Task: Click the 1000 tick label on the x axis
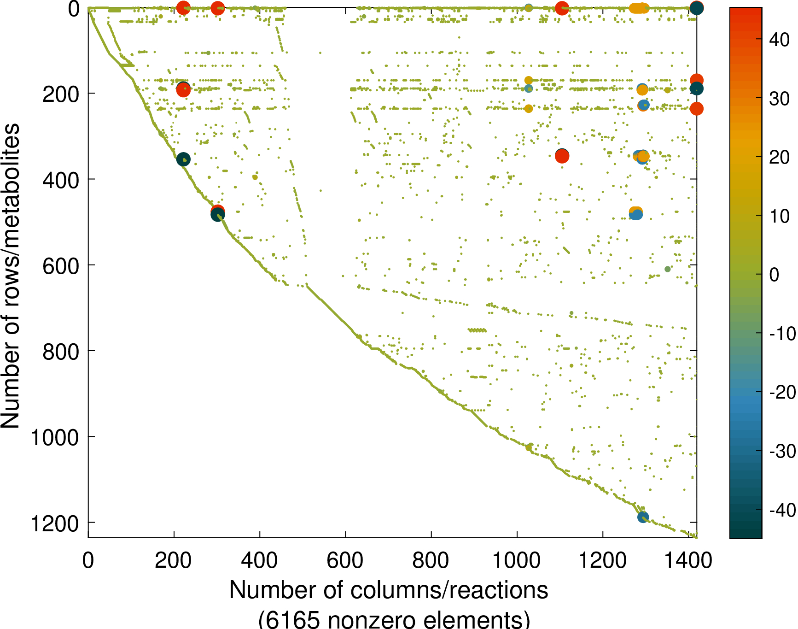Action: (x=517, y=561)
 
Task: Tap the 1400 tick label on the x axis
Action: (x=688, y=561)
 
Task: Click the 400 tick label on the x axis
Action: (x=259, y=561)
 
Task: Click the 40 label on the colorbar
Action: (x=779, y=40)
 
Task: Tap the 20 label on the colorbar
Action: (x=779, y=158)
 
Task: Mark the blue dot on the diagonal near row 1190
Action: (x=643, y=517)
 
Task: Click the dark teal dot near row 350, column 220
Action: (x=183, y=159)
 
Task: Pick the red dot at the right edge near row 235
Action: (x=696, y=109)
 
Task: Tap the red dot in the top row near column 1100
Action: (x=561, y=8)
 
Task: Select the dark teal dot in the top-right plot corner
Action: (x=696, y=8)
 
